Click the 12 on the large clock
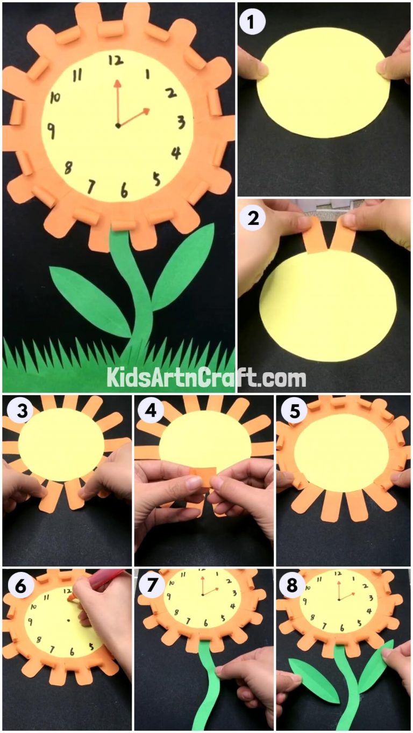pos(115,60)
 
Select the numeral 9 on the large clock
pos(51,130)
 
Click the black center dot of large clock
pos(118,126)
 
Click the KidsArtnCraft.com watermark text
pos(206,378)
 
